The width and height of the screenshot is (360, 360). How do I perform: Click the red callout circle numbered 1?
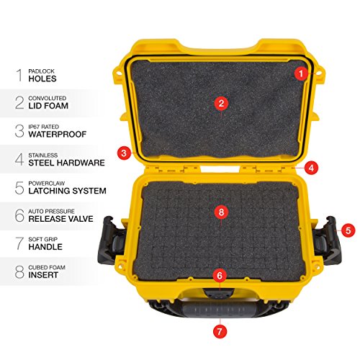tap(301, 73)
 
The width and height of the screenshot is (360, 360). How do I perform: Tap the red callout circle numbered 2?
tap(221, 104)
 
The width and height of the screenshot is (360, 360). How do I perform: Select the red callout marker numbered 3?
tap(124, 153)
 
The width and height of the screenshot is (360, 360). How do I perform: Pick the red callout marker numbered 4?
tap(311, 168)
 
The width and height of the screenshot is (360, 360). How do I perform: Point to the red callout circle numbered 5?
tap(348, 230)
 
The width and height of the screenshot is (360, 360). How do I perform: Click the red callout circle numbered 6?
tap(220, 276)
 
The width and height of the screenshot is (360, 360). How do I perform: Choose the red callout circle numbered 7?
tap(220, 332)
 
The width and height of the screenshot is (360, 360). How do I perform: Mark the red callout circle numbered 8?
tap(221, 212)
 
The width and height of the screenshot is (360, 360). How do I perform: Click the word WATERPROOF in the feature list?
tap(58, 135)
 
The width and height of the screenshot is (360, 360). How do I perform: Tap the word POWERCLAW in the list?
tap(47, 184)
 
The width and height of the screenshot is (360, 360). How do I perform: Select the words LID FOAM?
tap(48, 106)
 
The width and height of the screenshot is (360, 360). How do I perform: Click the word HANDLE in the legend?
tap(45, 247)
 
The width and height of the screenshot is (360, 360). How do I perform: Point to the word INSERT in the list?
tap(43, 275)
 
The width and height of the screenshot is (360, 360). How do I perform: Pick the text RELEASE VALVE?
tap(60, 219)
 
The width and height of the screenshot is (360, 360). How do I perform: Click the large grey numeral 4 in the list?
tap(19, 159)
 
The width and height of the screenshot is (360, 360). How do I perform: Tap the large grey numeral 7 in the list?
tap(19, 243)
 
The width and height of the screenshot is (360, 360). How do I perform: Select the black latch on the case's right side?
tap(328, 240)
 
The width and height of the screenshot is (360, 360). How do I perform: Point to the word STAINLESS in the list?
tap(43, 156)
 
